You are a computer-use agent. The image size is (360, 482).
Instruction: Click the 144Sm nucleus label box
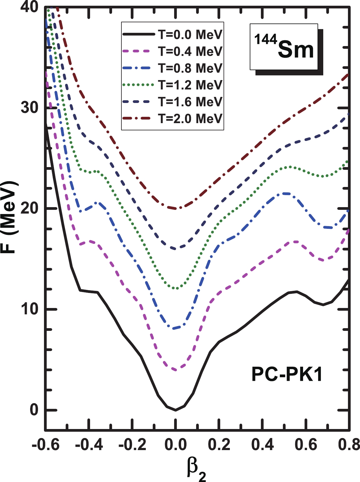(284, 47)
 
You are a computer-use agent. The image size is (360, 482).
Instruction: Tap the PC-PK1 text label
(287, 375)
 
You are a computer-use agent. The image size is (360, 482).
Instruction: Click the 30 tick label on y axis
(30, 108)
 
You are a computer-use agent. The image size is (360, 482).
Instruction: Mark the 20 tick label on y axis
(30, 209)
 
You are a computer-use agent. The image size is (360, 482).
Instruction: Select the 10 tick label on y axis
(30, 309)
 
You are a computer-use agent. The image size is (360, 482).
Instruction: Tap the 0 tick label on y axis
(34, 410)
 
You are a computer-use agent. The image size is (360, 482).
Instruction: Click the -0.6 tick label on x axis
(45, 444)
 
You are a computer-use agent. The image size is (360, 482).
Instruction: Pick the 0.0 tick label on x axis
(175, 444)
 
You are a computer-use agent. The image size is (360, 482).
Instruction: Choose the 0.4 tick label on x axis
(263, 444)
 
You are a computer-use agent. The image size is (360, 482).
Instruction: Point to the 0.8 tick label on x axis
(349, 444)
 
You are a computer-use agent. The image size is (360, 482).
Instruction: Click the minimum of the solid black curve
(176, 410)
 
